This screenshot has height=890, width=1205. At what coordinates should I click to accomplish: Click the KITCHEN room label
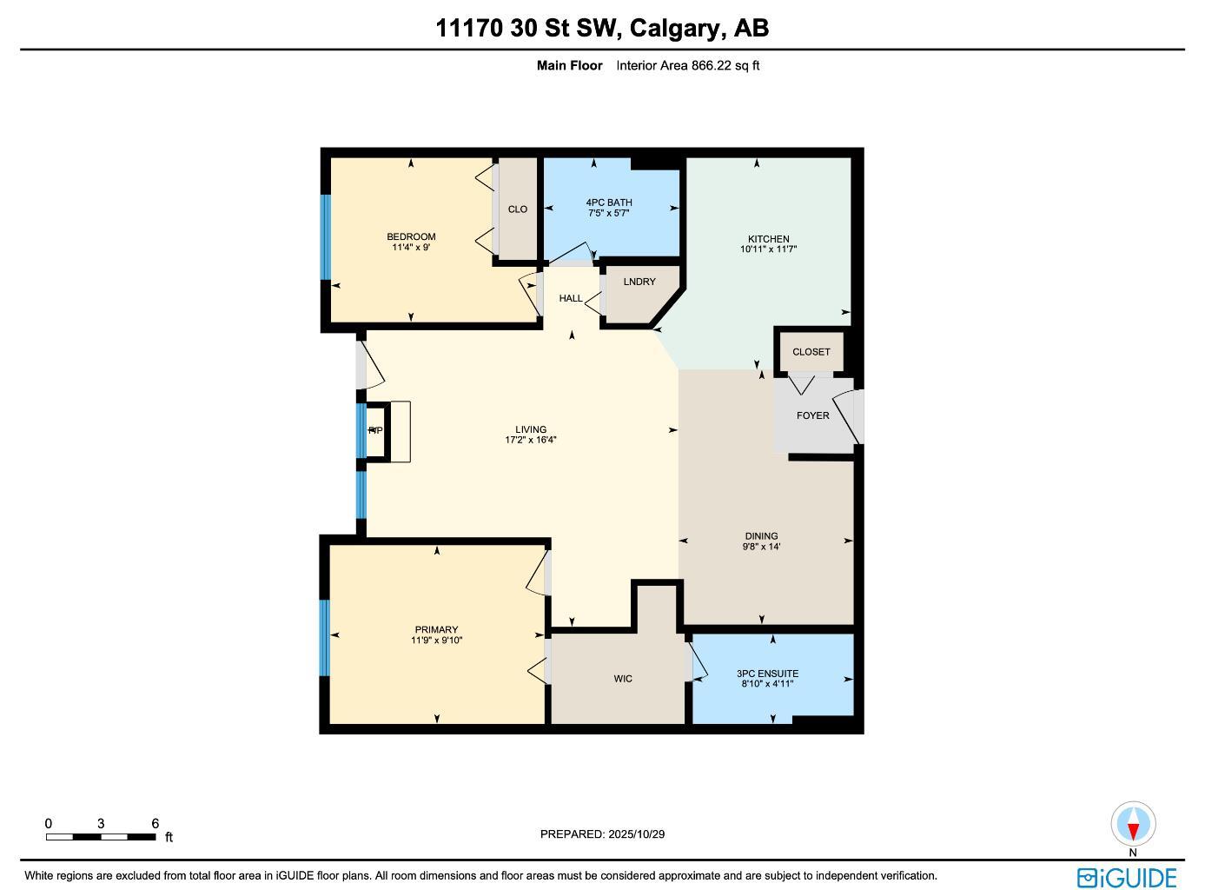[769, 239]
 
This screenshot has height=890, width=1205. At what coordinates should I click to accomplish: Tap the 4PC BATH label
[608, 203]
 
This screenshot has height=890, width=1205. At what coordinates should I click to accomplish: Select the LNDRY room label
[639, 282]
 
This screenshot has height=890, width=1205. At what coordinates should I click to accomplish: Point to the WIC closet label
[623, 679]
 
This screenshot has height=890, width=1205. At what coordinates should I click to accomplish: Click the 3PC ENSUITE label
[767, 674]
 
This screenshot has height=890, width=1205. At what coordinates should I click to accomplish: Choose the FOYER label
[812, 415]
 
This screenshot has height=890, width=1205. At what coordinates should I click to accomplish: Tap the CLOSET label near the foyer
[811, 352]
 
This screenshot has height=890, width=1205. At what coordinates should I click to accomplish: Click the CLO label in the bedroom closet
[517, 209]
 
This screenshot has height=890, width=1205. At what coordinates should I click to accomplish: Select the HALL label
[571, 298]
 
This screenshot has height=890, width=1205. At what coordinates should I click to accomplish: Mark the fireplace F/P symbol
[375, 430]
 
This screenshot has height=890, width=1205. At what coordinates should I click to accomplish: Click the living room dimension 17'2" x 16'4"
[531, 440]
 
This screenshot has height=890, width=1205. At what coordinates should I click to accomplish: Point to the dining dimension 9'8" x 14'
[761, 547]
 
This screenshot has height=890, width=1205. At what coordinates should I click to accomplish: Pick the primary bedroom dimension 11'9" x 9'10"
[436, 641]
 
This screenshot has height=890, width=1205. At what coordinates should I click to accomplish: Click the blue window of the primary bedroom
[325, 637]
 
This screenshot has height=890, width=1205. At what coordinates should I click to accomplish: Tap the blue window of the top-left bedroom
[326, 236]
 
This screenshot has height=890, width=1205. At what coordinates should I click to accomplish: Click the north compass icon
[1132, 823]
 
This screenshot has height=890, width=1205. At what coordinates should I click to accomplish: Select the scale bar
[101, 837]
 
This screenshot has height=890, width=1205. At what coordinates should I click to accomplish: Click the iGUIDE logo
[1127, 877]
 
